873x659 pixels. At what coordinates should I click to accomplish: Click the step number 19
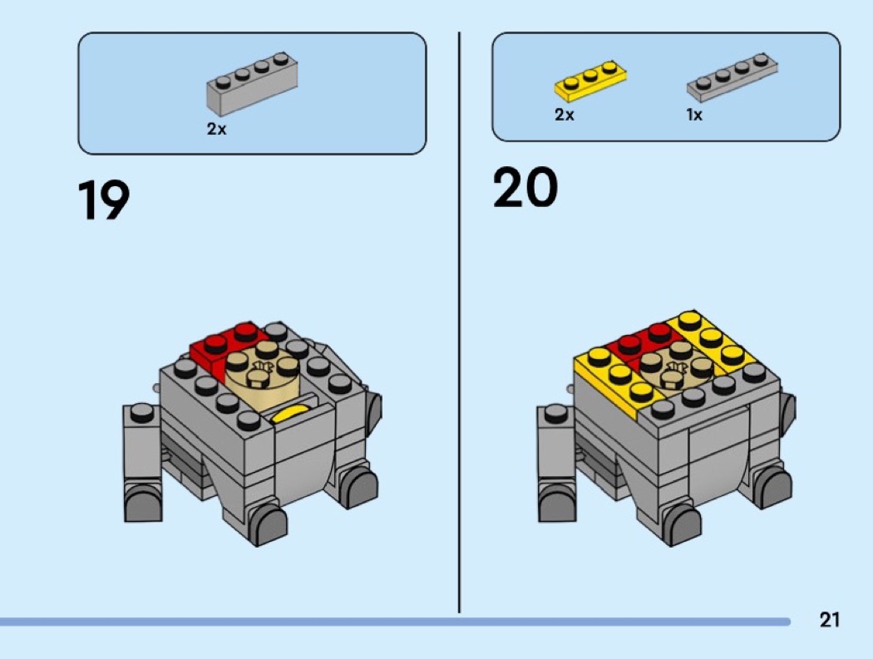[x=104, y=202]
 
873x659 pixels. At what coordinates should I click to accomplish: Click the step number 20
[x=525, y=188]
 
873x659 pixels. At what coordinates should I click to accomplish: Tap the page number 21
[x=829, y=619]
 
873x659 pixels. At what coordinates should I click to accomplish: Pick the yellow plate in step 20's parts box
[x=590, y=79]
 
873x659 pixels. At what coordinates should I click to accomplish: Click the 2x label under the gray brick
[x=216, y=130]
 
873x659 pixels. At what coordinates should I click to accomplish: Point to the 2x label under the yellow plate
[x=565, y=116]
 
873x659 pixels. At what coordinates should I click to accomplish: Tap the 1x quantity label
[x=694, y=116]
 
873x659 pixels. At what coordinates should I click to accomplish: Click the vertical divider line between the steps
[x=459, y=324]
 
